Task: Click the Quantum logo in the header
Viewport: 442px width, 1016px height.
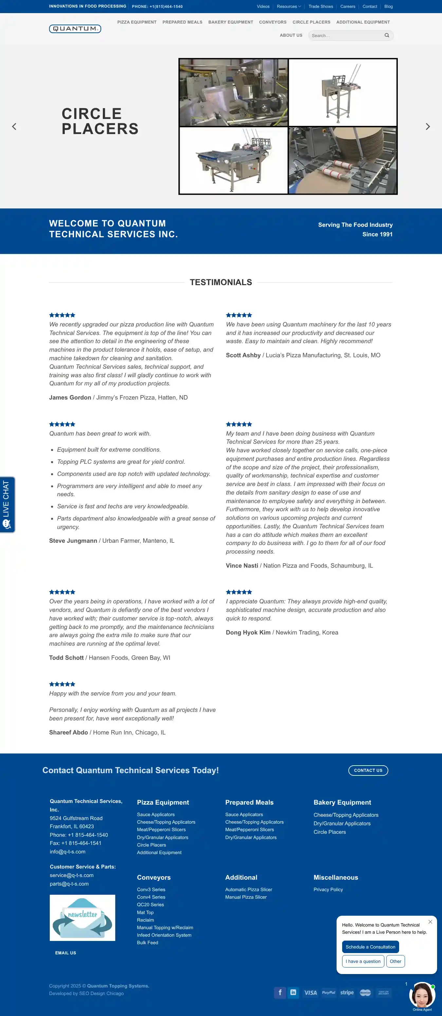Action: click(x=75, y=29)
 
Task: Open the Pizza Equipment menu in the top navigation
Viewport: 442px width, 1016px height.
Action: click(x=137, y=22)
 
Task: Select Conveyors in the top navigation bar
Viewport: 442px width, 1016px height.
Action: click(x=273, y=22)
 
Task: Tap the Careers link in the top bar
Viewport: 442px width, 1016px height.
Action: click(x=347, y=6)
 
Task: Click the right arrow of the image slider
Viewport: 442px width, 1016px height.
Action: click(x=427, y=127)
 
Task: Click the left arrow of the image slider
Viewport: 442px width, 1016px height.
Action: click(x=14, y=127)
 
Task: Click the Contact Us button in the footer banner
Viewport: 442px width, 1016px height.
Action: click(x=368, y=770)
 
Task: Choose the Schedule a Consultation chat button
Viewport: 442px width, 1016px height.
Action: click(x=370, y=947)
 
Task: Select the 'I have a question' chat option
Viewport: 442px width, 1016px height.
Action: click(x=363, y=961)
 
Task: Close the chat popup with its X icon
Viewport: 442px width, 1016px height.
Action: click(x=430, y=922)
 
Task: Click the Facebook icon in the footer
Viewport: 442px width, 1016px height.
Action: click(x=280, y=992)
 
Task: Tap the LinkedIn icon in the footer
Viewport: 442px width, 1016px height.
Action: click(x=293, y=992)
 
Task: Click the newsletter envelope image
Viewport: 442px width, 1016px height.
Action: click(x=82, y=917)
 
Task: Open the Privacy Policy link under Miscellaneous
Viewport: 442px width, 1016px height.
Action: click(x=328, y=889)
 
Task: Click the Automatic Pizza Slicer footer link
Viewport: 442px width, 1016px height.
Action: click(x=248, y=889)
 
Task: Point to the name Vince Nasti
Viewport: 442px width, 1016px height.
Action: click(x=242, y=566)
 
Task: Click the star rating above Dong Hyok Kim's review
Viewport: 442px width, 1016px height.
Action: click(x=239, y=592)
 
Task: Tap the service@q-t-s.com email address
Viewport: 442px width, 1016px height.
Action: click(x=72, y=875)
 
